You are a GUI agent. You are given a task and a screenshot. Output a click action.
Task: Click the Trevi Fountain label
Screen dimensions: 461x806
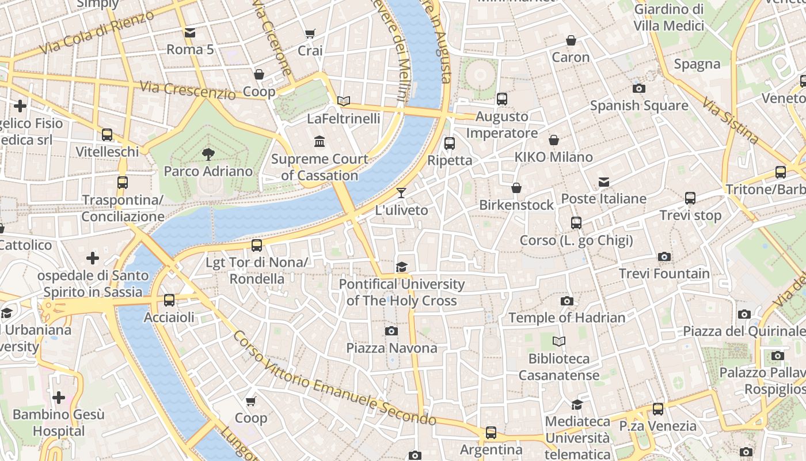click(664, 274)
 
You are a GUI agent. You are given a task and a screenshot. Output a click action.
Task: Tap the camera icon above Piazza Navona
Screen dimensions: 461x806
click(391, 331)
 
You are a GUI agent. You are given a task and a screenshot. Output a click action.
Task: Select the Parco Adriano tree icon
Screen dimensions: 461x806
click(208, 154)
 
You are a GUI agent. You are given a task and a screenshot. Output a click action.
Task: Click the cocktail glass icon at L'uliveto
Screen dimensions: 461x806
click(401, 192)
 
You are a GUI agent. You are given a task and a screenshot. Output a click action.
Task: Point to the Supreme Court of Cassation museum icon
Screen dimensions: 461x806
click(319, 141)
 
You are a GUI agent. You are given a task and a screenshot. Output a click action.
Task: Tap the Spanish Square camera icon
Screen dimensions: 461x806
click(638, 88)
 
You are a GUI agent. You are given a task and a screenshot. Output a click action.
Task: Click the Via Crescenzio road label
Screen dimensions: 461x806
click(188, 90)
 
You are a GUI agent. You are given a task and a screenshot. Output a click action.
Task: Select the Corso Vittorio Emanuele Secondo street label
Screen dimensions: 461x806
click(333, 379)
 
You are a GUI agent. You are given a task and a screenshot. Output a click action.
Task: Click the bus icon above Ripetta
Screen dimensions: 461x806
click(450, 143)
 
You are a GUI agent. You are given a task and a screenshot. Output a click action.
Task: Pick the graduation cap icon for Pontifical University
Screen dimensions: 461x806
click(401, 267)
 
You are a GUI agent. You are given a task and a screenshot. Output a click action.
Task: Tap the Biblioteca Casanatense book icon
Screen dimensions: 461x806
click(558, 341)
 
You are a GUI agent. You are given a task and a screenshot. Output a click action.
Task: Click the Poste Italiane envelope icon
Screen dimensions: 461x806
click(603, 182)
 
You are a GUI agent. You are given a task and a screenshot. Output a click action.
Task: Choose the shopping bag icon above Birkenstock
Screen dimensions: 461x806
click(516, 188)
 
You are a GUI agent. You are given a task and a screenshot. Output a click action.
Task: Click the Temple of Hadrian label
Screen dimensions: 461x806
click(567, 318)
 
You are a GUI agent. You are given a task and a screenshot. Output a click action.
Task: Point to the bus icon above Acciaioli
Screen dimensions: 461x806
click(169, 300)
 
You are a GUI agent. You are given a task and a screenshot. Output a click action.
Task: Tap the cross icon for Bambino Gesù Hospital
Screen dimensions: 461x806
click(58, 397)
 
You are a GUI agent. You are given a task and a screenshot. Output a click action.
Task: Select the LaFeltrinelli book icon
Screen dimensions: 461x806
click(344, 101)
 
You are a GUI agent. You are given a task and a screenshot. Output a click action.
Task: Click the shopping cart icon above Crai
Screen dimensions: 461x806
click(310, 33)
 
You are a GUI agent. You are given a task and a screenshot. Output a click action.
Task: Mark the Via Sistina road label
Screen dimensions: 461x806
click(730, 120)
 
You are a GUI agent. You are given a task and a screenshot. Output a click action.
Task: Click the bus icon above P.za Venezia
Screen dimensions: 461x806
click(657, 409)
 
